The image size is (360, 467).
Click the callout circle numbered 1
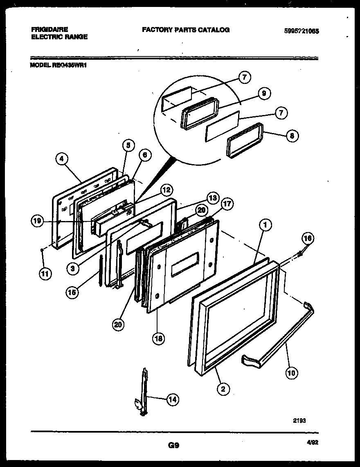point(265,224)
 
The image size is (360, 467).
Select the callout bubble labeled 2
point(223,389)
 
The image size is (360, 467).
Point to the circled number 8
point(292,136)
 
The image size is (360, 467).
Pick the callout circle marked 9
point(264,94)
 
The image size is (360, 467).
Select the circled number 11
point(45,275)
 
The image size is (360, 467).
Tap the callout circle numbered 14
point(173,400)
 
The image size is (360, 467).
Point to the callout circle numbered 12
point(166,190)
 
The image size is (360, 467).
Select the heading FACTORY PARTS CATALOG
point(186,30)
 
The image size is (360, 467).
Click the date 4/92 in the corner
point(312,442)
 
